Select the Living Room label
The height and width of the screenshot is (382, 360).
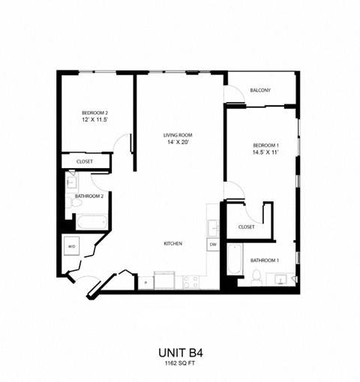click(178, 135)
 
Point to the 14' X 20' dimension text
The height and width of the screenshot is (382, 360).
click(178, 143)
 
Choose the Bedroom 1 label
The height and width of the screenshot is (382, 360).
click(265, 144)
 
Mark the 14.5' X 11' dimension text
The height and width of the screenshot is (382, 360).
click(265, 152)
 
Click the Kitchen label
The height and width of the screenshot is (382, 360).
click(174, 244)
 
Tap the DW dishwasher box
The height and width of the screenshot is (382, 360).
click(213, 245)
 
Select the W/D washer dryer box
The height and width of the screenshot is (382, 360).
click(73, 246)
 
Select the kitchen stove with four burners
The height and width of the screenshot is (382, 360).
click(191, 281)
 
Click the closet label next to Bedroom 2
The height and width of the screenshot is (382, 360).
click(84, 162)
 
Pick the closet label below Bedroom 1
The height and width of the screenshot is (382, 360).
click(246, 227)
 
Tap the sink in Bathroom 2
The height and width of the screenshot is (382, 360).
click(71, 182)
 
